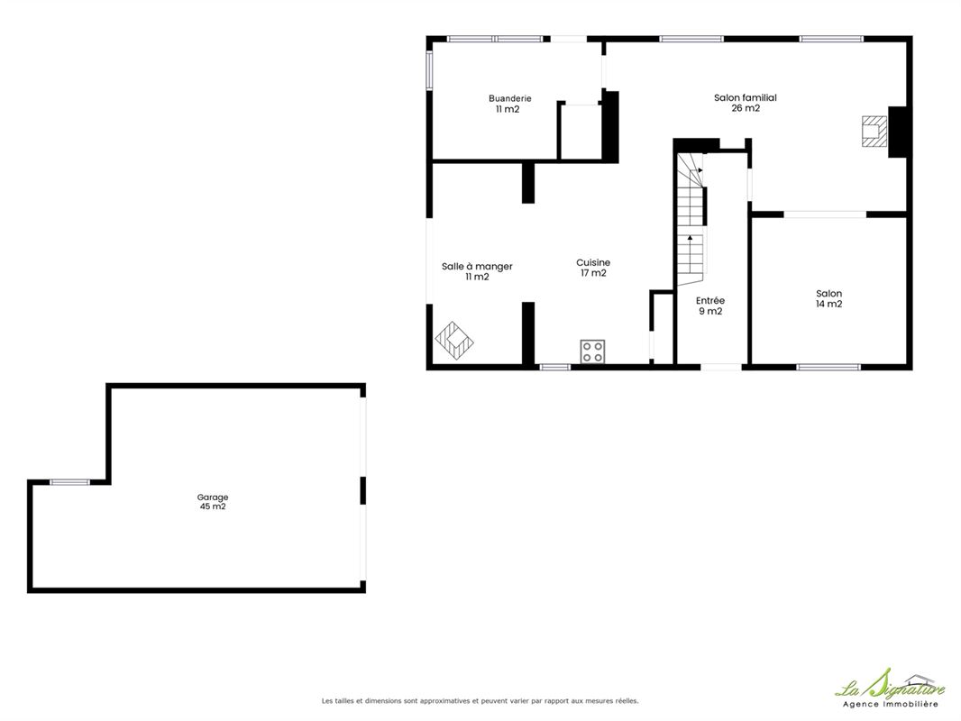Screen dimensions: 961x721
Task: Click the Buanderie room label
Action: [x=510, y=98]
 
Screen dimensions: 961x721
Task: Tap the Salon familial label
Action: [x=746, y=97]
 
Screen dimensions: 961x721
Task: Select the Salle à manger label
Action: [x=477, y=267]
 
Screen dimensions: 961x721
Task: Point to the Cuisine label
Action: [x=593, y=263]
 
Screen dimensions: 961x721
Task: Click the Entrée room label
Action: [x=710, y=300]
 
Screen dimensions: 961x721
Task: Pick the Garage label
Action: [x=213, y=497]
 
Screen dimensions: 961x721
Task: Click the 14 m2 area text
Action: [x=828, y=304]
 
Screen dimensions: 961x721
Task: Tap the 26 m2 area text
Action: [x=746, y=108]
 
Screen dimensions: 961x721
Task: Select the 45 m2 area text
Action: [x=213, y=507]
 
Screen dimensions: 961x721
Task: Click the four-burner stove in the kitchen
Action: [x=592, y=351]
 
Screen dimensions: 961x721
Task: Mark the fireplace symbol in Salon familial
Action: [x=874, y=132]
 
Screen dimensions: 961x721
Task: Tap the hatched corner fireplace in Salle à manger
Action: [x=454, y=340]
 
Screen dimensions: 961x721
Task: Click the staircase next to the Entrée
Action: [x=691, y=219]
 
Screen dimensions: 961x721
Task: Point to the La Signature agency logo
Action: [x=890, y=689]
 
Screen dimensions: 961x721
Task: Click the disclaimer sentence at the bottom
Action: [x=480, y=701]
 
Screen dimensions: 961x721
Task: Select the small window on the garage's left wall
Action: [x=69, y=483]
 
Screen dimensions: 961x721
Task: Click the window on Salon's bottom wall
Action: [x=828, y=367]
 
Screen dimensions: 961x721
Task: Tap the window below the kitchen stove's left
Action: [x=555, y=367]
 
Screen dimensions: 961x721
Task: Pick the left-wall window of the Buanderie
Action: [x=430, y=69]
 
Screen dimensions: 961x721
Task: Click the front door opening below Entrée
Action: [x=721, y=367]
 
